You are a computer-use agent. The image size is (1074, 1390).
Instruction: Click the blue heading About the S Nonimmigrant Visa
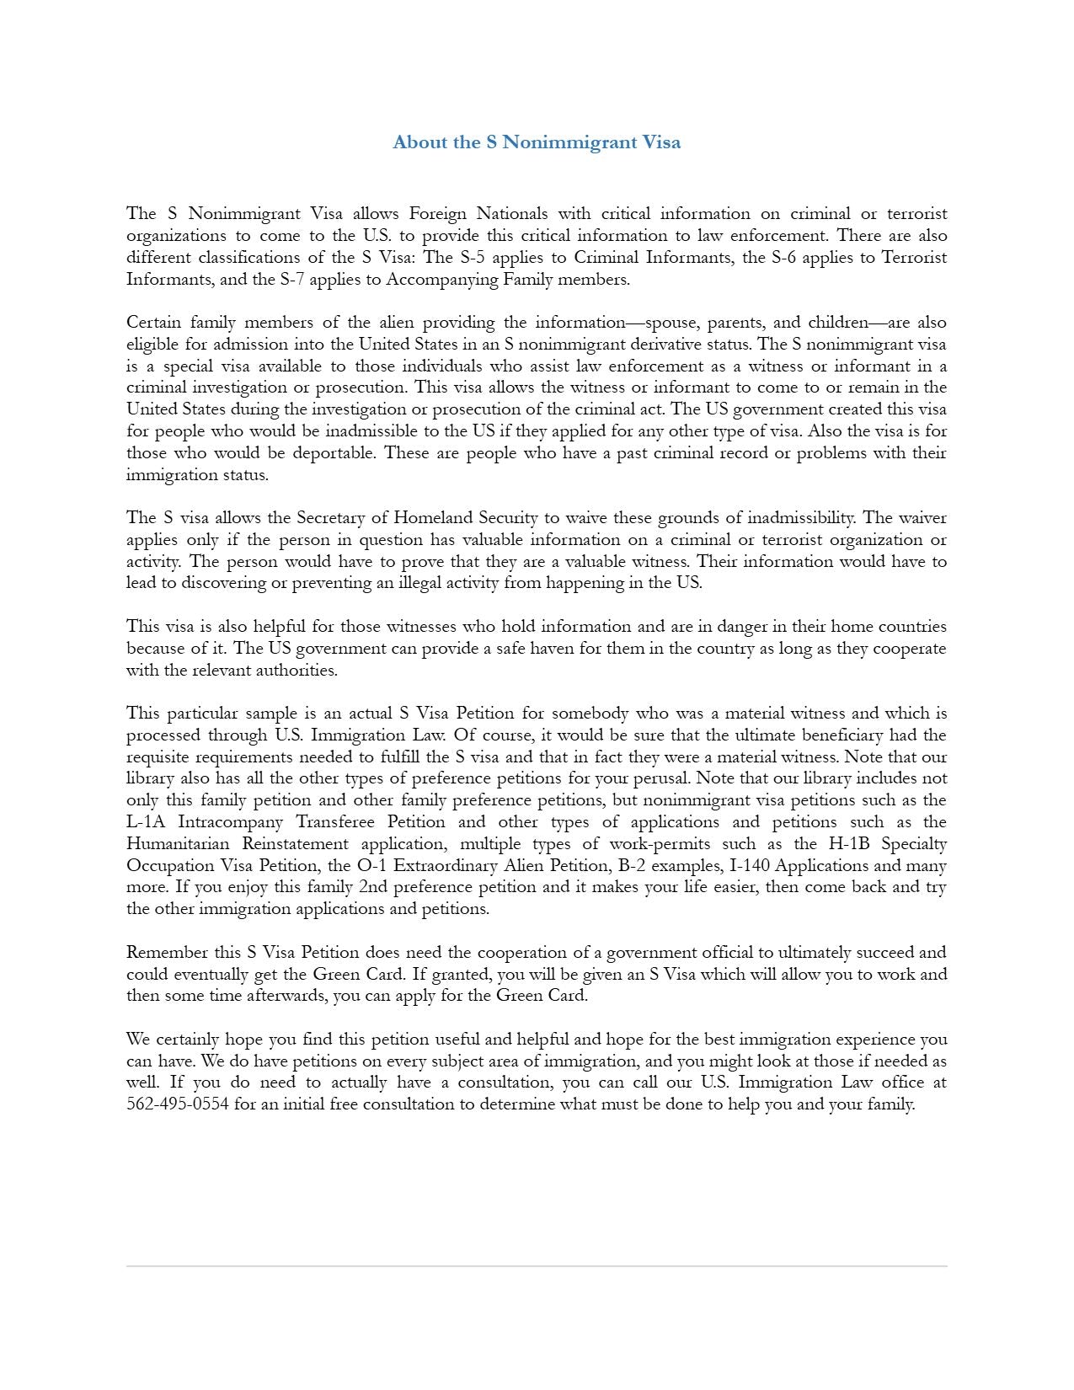pos(537,142)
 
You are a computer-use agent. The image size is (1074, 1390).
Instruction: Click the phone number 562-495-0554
pos(178,1104)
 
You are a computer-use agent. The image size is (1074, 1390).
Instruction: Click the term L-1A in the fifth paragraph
pos(147,822)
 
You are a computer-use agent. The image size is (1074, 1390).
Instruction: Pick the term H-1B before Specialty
pos(851,844)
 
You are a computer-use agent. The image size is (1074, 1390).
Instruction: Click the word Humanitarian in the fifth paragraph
pos(178,844)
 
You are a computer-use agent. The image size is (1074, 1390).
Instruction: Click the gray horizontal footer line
pos(537,1265)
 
